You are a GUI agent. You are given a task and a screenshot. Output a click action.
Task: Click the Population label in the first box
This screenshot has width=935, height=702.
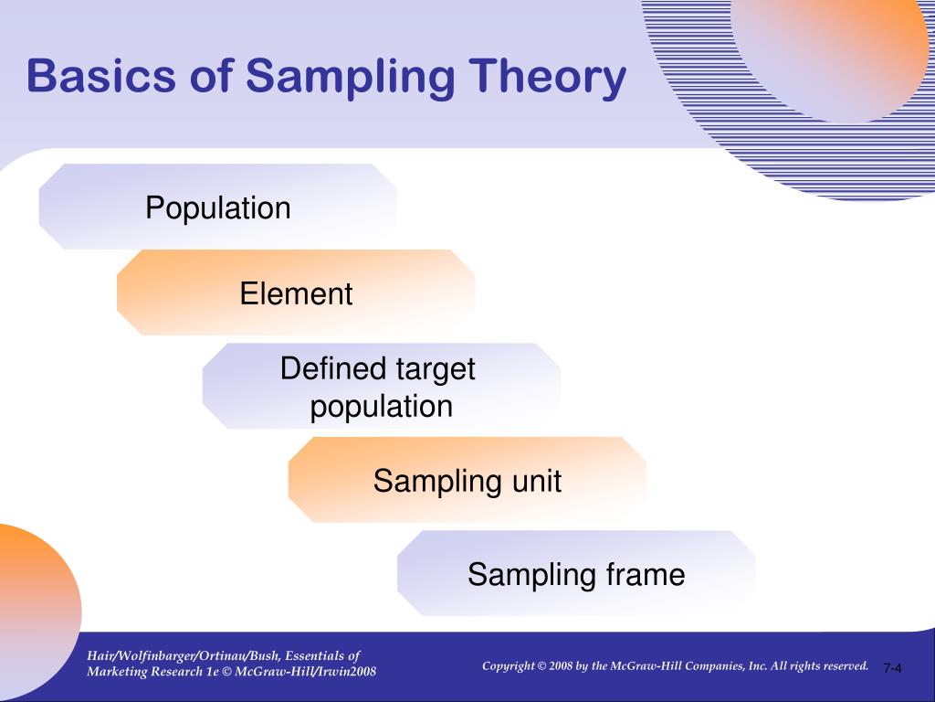(x=218, y=207)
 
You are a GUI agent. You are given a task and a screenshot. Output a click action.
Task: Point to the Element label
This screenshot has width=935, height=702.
(x=296, y=293)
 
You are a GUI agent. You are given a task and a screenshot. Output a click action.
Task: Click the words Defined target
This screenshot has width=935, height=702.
(x=377, y=369)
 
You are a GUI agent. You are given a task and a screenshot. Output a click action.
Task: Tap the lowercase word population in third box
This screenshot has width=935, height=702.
(x=381, y=406)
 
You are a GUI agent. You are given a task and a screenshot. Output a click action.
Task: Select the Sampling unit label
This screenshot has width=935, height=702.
(x=467, y=481)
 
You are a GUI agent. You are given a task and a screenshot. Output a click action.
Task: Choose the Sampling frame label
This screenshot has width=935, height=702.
(x=576, y=574)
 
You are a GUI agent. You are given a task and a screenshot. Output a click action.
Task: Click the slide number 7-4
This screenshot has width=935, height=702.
(x=892, y=669)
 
